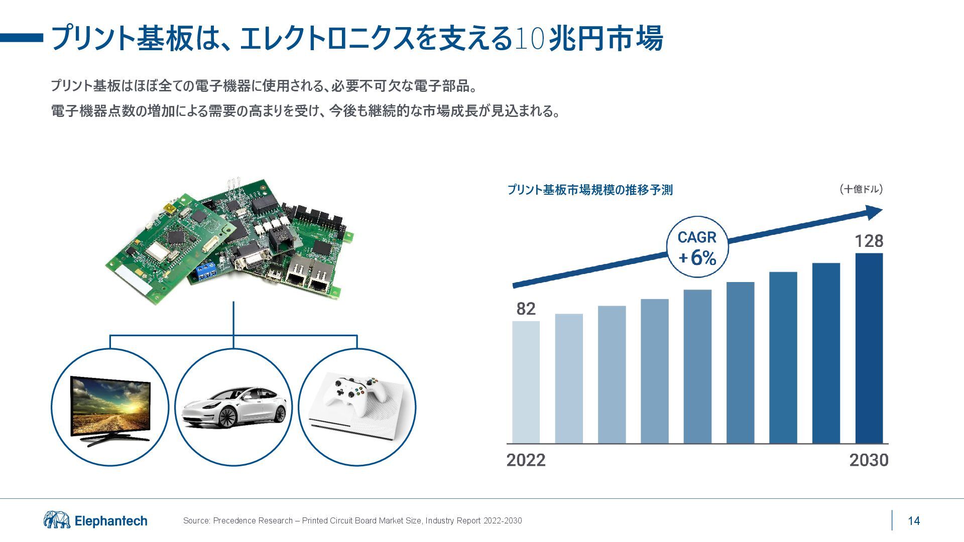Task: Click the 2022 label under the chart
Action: tap(526, 460)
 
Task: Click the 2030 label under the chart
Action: tap(869, 460)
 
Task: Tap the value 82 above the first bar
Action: tap(526, 309)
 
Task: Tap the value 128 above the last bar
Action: tap(869, 241)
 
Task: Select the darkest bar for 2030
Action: tap(869, 348)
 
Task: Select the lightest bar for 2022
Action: tap(526, 382)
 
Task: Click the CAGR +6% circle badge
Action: tap(697, 247)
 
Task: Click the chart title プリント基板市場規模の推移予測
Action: tap(589, 190)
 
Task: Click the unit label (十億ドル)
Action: tap(861, 189)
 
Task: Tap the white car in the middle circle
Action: tap(233, 409)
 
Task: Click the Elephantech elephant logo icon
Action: tap(57, 520)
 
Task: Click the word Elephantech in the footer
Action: tap(111, 521)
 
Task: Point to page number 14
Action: tap(914, 521)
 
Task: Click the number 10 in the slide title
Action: tap(530, 39)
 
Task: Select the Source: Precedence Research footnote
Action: tap(352, 521)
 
